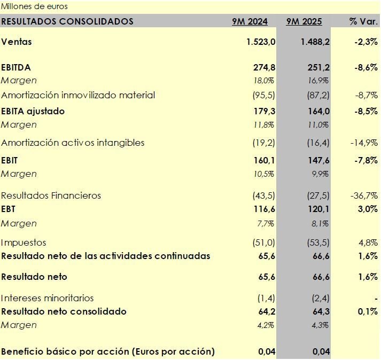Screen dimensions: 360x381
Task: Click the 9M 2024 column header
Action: click(250, 22)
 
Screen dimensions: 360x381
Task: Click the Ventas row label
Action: click(17, 42)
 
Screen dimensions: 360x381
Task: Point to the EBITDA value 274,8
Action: click(264, 67)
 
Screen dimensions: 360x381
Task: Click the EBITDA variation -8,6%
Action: click(366, 67)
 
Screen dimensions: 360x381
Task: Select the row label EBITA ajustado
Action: click(33, 111)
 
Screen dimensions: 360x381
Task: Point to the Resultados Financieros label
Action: click(51, 195)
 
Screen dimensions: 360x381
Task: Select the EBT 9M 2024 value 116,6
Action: click(264, 209)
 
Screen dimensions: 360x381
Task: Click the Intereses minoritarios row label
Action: click(48, 298)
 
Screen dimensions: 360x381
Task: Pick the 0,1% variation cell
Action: click(368, 311)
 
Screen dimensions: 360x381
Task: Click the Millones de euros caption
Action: click(34, 7)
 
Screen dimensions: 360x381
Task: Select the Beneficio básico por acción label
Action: click(108, 351)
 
